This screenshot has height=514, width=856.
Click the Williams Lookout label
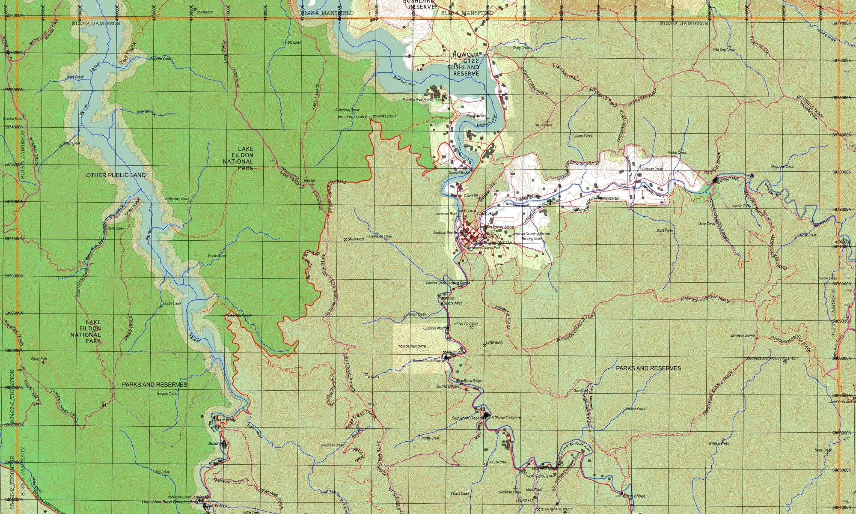click(384, 116)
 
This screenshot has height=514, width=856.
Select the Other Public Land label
click(116, 175)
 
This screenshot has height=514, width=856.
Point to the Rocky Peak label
click(39, 359)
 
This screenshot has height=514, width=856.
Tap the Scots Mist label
click(452, 303)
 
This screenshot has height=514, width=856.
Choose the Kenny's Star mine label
click(466, 324)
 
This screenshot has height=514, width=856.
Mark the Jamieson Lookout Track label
click(705, 299)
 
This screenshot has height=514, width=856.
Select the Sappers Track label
click(503, 317)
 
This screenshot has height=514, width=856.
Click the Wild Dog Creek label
click(724, 50)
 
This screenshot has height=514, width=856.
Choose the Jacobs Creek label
click(172, 303)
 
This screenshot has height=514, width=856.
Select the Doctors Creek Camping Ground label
click(448, 283)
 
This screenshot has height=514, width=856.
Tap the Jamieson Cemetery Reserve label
click(532, 234)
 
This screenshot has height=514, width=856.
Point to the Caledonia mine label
click(496, 462)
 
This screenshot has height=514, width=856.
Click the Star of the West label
click(556, 509)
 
